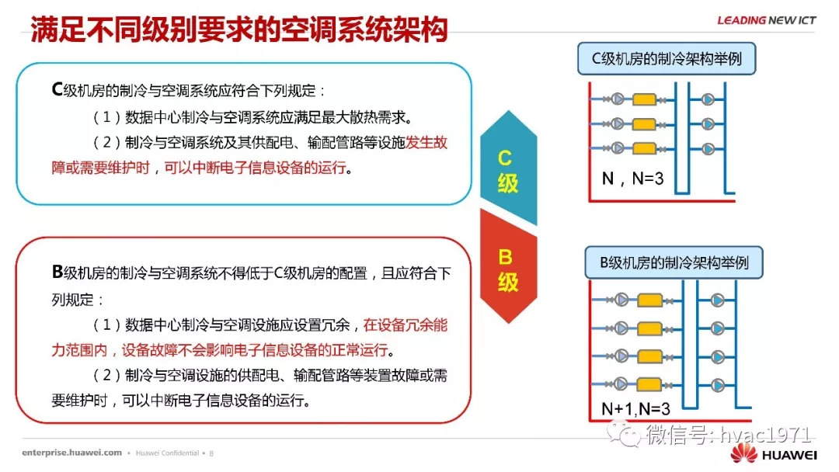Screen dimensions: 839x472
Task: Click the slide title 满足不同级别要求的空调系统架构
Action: [238, 29]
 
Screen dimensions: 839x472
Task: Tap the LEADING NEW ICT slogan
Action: [766, 20]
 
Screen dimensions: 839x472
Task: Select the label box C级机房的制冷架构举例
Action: [667, 58]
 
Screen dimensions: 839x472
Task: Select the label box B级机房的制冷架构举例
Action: [674, 262]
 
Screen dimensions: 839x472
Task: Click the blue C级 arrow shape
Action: [508, 168]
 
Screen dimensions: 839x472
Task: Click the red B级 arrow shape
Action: [508, 266]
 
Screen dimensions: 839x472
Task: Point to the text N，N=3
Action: [632, 179]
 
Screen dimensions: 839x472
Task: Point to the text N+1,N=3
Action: [635, 409]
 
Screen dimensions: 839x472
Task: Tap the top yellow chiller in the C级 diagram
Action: [644, 99]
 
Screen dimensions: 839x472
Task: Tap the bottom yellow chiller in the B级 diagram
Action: [649, 383]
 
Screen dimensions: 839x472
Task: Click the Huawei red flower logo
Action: [743, 453]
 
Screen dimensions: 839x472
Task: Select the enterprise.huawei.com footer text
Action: [71, 453]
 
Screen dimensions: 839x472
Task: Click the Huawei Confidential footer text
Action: [168, 453]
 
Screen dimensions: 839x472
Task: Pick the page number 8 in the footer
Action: [211, 453]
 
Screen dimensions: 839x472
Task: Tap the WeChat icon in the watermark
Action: [624, 433]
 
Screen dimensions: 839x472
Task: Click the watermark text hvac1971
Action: [766, 435]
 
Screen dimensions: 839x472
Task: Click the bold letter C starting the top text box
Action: [57, 89]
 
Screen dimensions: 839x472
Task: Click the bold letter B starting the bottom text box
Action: [57, 272]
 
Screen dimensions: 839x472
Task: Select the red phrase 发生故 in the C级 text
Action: [426, 142]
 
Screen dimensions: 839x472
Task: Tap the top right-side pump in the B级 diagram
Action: [718, 300]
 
